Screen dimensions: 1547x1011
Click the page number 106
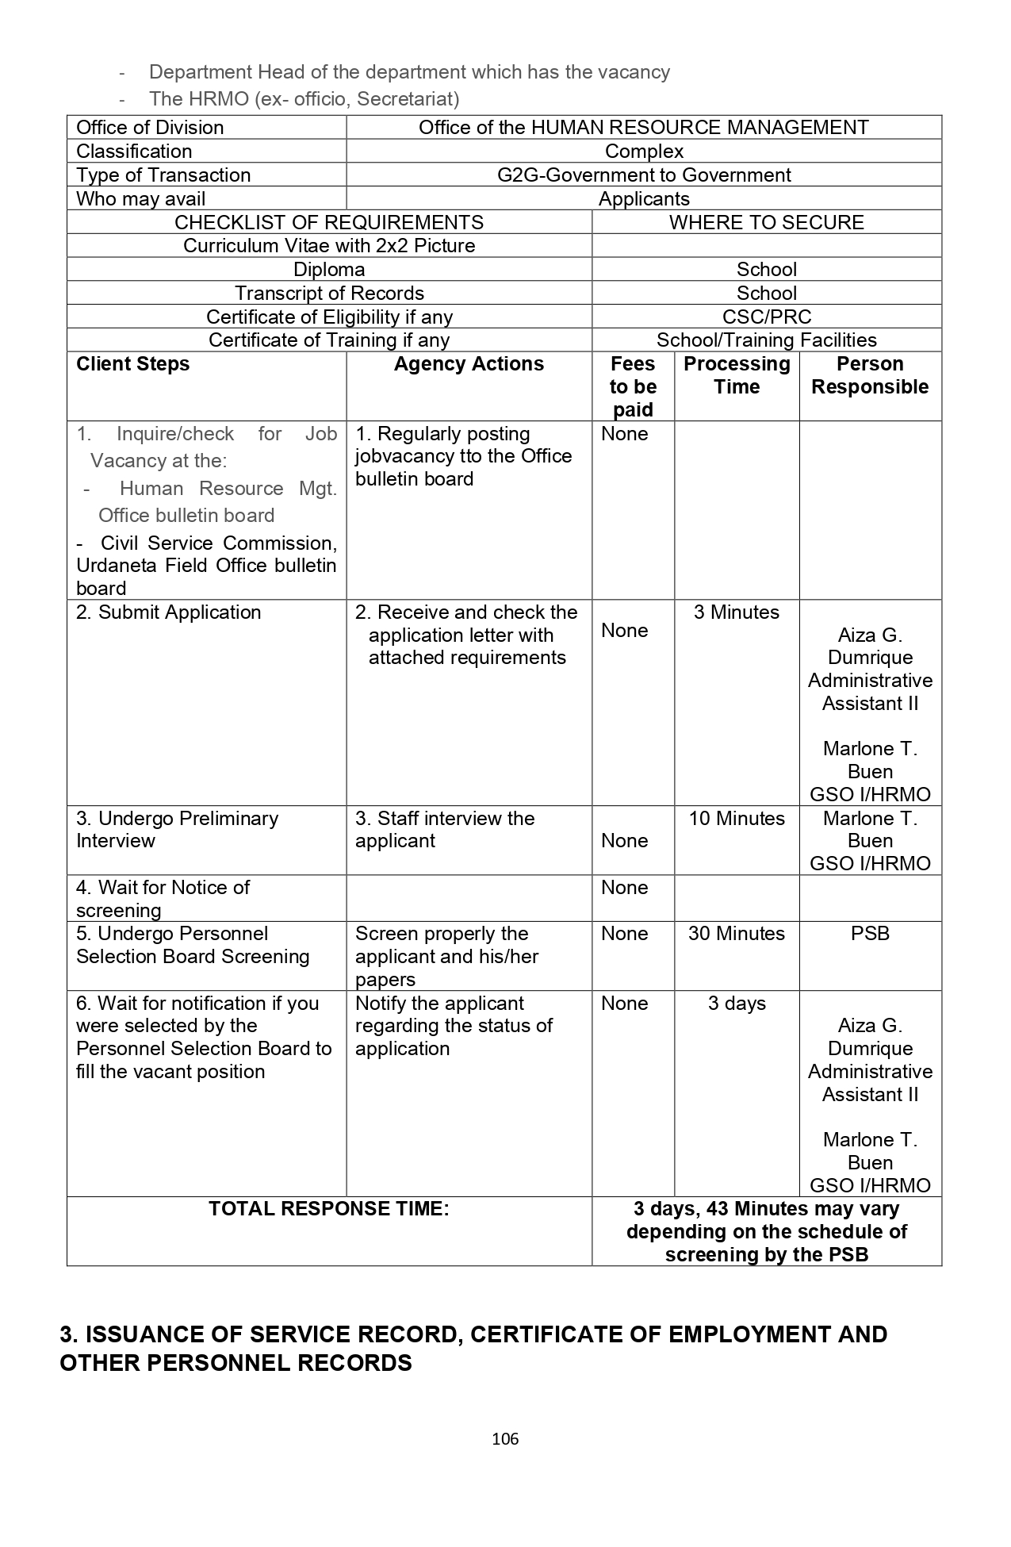[505, 1438]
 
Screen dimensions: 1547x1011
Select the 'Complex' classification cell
[644, 151]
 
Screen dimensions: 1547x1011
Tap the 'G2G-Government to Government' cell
[644, 175]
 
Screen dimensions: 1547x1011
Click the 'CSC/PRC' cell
[766, 317]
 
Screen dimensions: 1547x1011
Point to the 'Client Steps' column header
[133, 364]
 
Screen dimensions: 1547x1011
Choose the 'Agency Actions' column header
[469, 364]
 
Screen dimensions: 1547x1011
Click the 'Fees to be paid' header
[633, 386]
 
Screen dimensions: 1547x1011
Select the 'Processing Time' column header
[737, 375]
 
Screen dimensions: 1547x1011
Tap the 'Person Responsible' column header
[870, 375]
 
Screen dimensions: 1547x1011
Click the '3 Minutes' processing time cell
[737, 612]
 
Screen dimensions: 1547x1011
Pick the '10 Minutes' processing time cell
[737, 819]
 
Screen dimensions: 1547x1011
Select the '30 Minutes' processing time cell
[737, 934]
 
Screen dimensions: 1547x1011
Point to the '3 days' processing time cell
[737, 1004]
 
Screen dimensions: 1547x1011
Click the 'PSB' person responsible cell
[870, 934]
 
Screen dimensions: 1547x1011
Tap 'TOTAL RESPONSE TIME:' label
[329, 1209]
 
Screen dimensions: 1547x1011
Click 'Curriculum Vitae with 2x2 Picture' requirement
[329, 245]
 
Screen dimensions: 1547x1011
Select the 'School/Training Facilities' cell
[766, 340]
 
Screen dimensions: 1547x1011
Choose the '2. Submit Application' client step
[169, 612]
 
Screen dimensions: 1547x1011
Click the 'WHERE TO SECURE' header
[766, 222]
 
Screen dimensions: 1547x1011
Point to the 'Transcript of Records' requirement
[329, 293]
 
